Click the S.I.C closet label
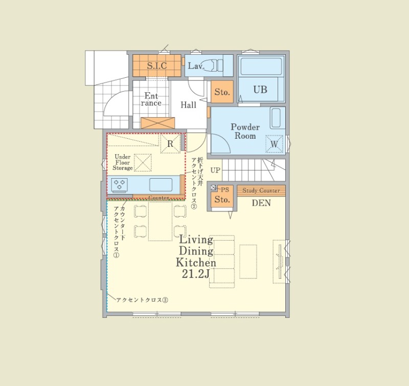coord(157,66)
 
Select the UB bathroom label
coord(260,90)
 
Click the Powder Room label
coord(245,132)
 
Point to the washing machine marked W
coord(274,144)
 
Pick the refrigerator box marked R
coord(170,144)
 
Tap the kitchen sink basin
coord(161,185)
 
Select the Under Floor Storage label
coord(123,162)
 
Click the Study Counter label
coord(261,190)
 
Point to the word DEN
coord(261,203)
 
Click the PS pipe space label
coord(225,189)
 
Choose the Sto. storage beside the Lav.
coord(222,92)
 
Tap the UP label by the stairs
coord(215,170)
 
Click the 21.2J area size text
coord(196,274)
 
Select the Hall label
coord(188,105)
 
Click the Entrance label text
coord(151,99)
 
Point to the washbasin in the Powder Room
coord(276,118)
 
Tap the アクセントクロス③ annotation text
coord(142,300)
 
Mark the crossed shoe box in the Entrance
coord(157,123)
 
